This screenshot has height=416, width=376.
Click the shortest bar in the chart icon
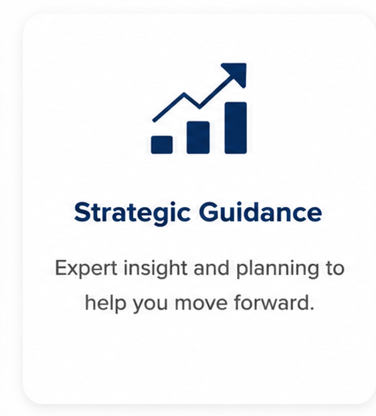tap(161, 145)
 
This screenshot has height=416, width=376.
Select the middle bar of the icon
tap(198, 137)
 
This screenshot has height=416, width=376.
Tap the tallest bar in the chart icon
tap(236, 128)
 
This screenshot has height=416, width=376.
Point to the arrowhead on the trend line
tap(235, 74)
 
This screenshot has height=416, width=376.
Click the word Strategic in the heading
tap(132, 212)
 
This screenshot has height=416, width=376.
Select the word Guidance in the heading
tap(260, 212)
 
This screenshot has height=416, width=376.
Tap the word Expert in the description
tap(86, 268)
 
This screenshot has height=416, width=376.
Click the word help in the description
tap(105, 303)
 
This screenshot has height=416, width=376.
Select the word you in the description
tap(150, 305)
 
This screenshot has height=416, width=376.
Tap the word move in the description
tap(201, 303)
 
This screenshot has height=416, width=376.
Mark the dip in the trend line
tap(200, 107)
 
